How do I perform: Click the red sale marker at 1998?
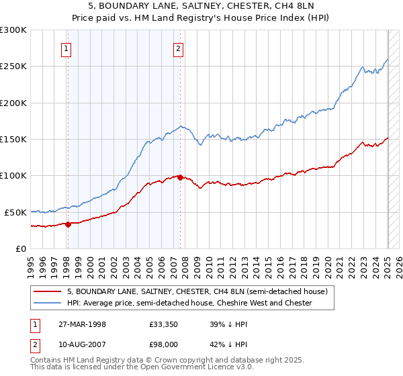(69, 224)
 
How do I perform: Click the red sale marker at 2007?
(180, 177)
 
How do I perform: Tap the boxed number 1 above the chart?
(67, 48)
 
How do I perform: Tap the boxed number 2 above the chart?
(179, 48)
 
